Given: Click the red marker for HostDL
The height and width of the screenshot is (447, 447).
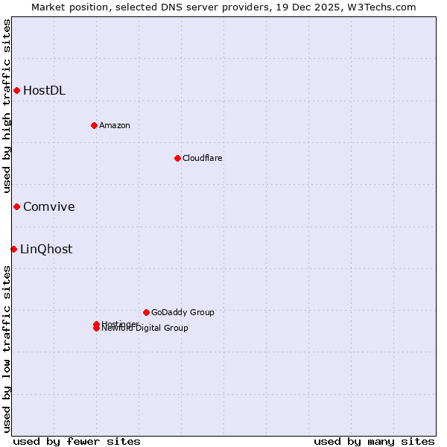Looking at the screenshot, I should click(16, 91).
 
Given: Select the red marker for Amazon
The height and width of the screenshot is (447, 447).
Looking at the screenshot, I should click(94, 125).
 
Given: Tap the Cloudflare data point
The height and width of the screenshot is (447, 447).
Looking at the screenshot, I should click(177, 158).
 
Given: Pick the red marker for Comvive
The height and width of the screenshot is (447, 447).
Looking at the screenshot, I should click(16, 206).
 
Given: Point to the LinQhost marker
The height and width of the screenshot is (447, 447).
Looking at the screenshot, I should click(13, 249).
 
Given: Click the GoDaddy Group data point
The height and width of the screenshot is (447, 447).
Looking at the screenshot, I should click(146, 312).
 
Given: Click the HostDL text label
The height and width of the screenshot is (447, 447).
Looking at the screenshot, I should click(44, 91).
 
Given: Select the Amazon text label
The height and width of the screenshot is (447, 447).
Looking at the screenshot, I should click(114, 125).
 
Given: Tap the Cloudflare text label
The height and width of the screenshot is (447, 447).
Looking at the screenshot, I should click(202, 158).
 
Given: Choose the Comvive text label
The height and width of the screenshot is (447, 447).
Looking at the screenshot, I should click(48, 207).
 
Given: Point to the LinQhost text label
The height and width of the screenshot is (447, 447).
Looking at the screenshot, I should click(46, 250).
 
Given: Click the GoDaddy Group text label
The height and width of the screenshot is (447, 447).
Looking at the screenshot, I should click(182, 312).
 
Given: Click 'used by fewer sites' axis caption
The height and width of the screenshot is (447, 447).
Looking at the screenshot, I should click(77, 441).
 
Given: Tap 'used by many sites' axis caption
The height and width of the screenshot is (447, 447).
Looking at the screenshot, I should click(374, 441).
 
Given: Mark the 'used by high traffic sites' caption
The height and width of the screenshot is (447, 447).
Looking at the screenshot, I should click(7, 106).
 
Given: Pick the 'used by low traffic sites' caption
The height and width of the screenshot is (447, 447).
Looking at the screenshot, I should click(7, 349).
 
